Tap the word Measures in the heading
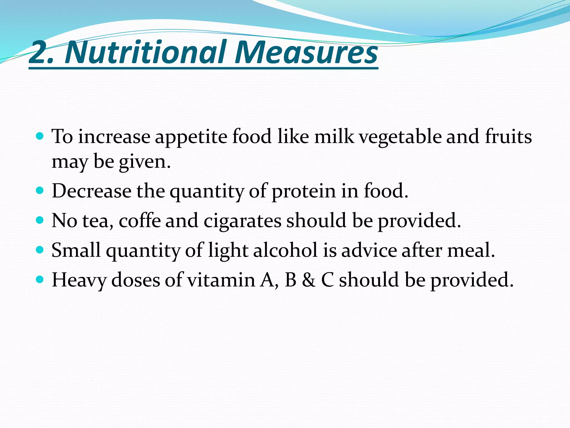306,52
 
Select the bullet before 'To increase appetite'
40,136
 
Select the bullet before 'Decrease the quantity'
40,191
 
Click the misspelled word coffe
140,220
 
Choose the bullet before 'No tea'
40,220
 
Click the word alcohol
285,250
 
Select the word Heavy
79,280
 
